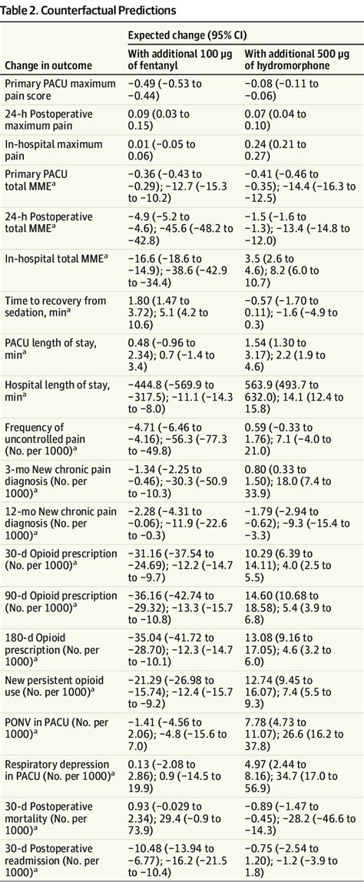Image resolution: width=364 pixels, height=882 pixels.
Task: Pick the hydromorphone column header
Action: (x=297, y=59)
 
